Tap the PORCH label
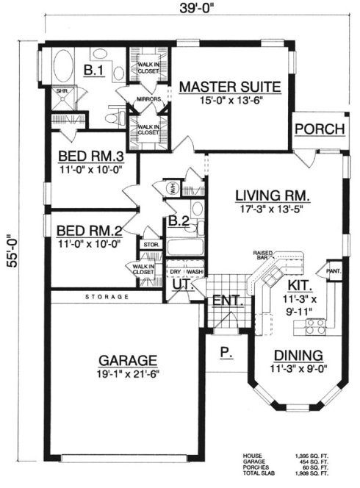(320, 129)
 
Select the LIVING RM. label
(271, 195)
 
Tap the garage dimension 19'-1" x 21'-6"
(127, 373)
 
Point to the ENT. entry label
(223, 302)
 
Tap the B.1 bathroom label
(93, 71)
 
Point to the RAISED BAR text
(264, 255)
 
